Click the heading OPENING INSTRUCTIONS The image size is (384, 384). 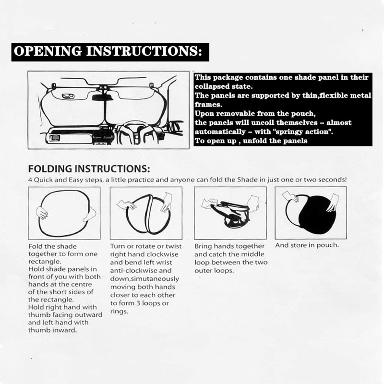tap(110, 51)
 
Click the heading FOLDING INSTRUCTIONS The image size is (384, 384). tap(89, 169)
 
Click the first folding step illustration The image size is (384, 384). tap(64, 213)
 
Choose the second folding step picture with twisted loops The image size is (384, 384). tap(146, 213)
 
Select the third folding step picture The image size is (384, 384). tap(230, 213)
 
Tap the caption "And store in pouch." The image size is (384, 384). tap(307, 245)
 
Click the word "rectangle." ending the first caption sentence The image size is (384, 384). tap(45, 262)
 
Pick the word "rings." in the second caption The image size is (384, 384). tap(120, 312)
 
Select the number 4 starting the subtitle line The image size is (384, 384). tap(30, 180)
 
